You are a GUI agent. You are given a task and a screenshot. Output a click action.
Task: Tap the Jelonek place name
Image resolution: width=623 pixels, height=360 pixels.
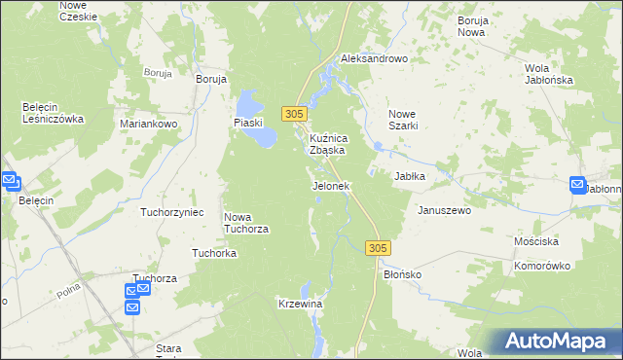330,186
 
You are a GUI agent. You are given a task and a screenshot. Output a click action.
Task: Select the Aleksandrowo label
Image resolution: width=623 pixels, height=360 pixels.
373,59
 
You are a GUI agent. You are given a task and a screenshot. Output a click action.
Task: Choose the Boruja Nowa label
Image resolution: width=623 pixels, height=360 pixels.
471,25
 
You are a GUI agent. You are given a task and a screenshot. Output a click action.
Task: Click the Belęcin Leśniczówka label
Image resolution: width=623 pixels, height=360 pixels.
54,113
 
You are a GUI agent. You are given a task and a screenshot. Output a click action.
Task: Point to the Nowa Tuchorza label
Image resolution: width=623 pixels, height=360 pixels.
246,223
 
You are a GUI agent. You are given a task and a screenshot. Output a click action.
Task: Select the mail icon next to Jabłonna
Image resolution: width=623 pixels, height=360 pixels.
577,184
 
